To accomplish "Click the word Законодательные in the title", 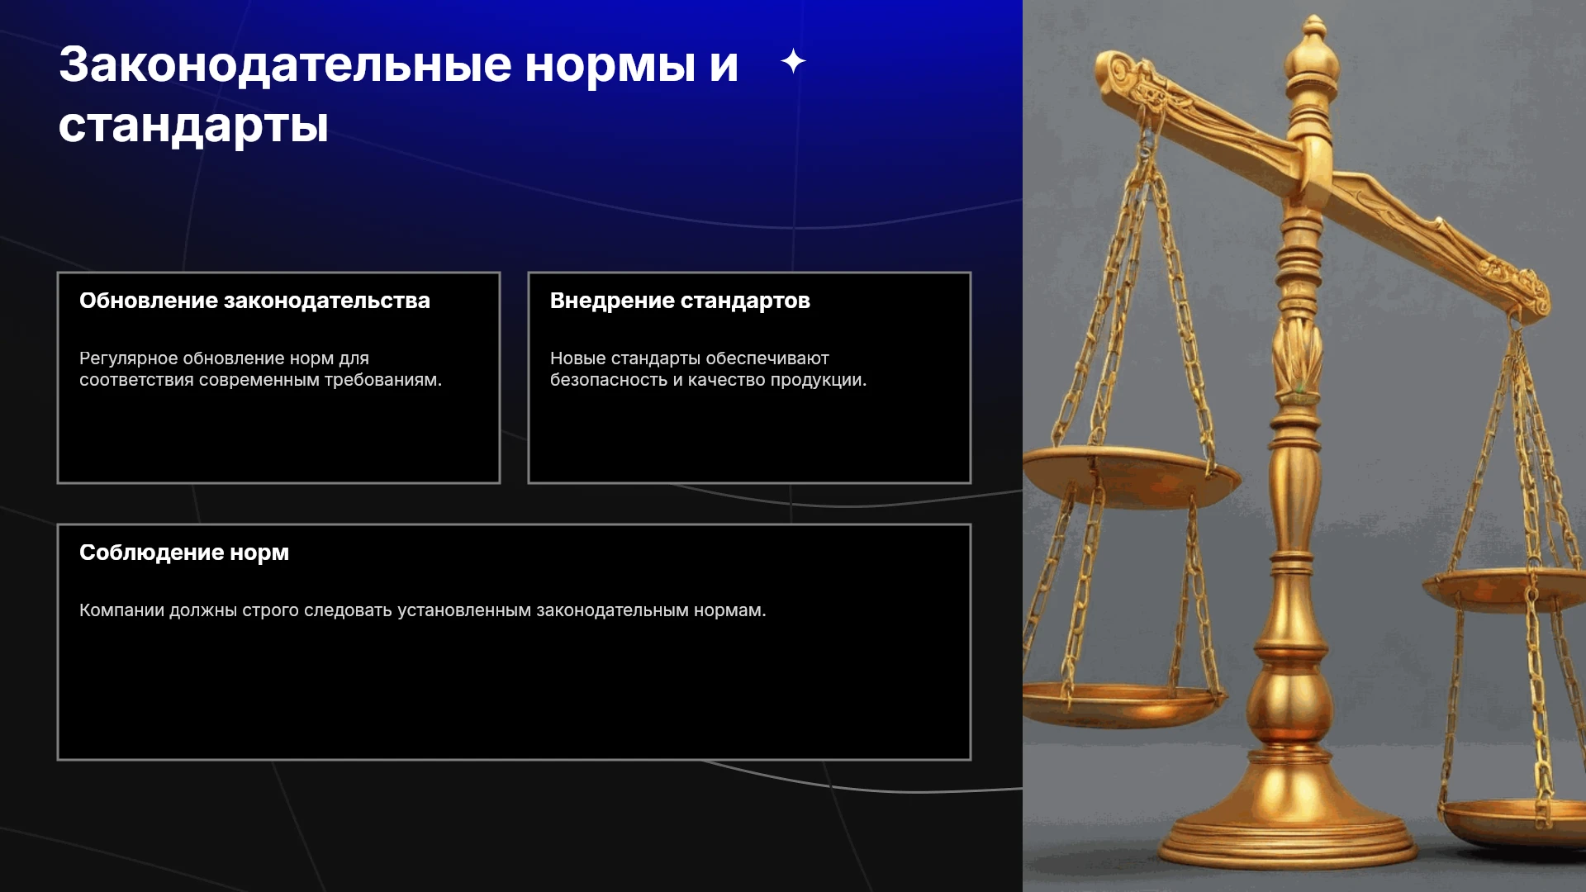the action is tap(285, 65).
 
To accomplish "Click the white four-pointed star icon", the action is tap(793, 61).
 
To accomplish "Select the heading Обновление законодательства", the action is tap(254, 301).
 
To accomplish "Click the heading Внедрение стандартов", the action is tap(680, 301).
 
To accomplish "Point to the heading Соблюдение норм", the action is tap(184, 553).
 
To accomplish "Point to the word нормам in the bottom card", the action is tap(729, 610).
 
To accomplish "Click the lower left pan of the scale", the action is tap(1119, 706).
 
